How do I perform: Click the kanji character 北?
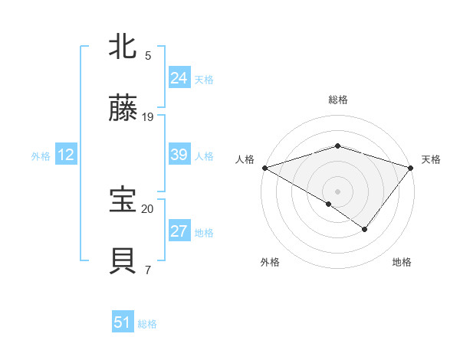(x=123, y=46)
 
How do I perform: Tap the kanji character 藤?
(x=123, y=109)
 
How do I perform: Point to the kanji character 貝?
(x=123, y=261)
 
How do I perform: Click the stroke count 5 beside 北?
(x=148, y=56)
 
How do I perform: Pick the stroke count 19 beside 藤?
(x=148, y=117)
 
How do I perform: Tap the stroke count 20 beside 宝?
(x=148, y=208)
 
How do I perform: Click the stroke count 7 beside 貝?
(x=148, y=270)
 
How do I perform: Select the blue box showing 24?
(x=179, y=78)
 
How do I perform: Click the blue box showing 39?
(x=179, y=155)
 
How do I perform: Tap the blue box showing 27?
(x=179, y=231)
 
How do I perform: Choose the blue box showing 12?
(x=65, y=155)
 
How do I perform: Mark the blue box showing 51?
(x=122, y=322)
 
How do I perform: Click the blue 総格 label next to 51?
(x=147, y=324)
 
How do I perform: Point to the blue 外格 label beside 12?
(x=41, y=156)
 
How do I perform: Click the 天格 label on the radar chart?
(x=431, y=159)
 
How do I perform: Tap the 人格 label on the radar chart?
(x=245, y=159)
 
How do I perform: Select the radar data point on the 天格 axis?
(x=412, y=167)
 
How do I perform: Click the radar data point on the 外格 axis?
(x=329, y=204)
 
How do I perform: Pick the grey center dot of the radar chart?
(x=337, y=191)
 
